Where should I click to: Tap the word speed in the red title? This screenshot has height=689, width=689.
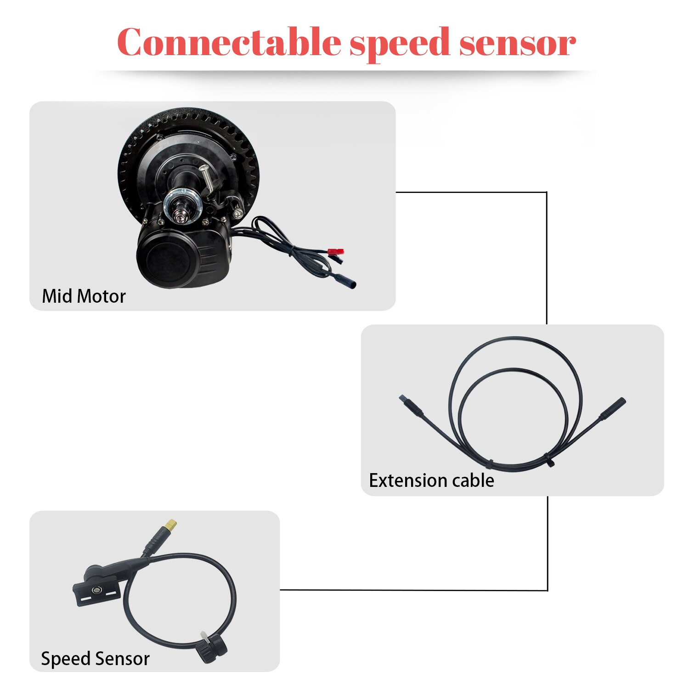[399, 43]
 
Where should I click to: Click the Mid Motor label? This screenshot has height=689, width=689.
[84, 296]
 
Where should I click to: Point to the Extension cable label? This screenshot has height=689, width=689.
[431, 480]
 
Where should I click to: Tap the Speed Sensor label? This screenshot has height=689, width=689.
[95, 658]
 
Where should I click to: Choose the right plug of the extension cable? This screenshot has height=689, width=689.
[615, 407]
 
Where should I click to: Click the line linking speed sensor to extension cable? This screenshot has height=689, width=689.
[413, 590]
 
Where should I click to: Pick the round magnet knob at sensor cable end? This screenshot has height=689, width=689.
[212, 649]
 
